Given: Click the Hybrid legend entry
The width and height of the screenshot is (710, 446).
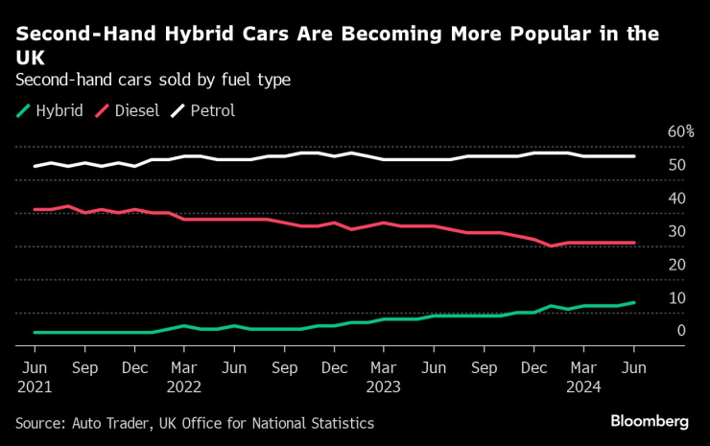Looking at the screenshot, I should pyautogui.click(x=52, y=110).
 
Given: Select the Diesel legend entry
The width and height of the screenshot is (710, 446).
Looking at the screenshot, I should pyautogui.click(x=129, y=110).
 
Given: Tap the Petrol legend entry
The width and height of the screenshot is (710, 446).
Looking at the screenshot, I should pyautogui.click(x=202, y=110).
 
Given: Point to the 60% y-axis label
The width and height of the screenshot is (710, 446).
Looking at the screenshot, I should pyautogui.click(x=681, y=131).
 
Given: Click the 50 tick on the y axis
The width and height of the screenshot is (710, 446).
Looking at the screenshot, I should pyautogui.click(x=676, y=165).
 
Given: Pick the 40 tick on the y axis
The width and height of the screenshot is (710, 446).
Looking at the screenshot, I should pyautogui.click(x=676, y=198).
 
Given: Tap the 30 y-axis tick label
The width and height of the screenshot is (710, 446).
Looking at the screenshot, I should pyautogui.click(x=676, y=231).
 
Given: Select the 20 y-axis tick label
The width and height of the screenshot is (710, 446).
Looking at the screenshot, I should pyautogui.click(x=676, y=265).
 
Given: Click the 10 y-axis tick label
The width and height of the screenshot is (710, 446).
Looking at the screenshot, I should pyautogui.click(x=676, y=297).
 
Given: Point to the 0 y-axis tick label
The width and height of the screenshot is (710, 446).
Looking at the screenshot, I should pyautogui.click(x=680, y=331).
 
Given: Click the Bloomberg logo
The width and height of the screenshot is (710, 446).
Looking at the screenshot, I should pyautogui.click(x=650, y=421).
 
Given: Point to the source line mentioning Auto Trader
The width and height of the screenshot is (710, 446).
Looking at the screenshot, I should pyautogui.click(x=195, y=423).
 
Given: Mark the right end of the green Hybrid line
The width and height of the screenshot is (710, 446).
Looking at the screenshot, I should pyautogui.click(x=634, y=302).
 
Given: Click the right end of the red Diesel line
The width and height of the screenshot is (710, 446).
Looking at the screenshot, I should pyautogui.click(x=634, y=243).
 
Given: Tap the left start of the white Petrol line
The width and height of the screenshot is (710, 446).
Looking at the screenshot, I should pyautogui.click(x=35, y=166).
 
